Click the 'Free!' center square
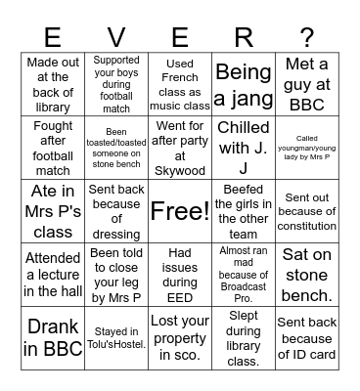[180, 211]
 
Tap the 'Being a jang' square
[244, 84]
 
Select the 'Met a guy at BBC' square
[307, 84]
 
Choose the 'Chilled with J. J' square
[244, 148]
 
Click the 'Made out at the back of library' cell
[53, 84]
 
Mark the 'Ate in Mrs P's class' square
[53, 211]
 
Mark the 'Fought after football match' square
[53, 148]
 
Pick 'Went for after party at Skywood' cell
[180, 148]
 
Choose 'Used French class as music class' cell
[180, 84]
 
